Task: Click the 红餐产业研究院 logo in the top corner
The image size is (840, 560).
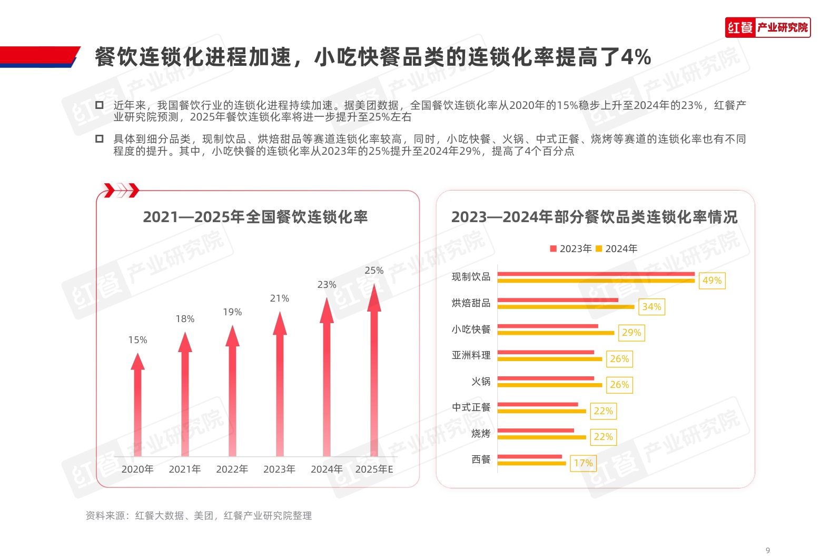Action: (x=767, y=27)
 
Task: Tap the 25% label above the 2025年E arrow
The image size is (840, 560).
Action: (x=374, y=271)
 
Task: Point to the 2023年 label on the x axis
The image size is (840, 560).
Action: (x=279, y=469)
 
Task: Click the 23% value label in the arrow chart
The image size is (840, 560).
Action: (x=327, y=285)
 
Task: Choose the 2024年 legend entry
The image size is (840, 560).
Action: (x=617, y=248)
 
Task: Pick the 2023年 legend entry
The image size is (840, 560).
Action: (x=571, y=248)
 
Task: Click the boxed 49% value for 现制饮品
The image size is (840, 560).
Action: (x=712, y=281)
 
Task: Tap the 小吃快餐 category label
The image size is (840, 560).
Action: (x=471, y=329)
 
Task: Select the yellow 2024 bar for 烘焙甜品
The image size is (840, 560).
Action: (x=566, y=307)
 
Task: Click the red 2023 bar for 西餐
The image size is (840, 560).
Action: (x=529, y=457)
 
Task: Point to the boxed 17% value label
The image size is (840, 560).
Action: (x=583, y=463)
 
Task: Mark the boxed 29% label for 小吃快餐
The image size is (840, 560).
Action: (x=631, y=333)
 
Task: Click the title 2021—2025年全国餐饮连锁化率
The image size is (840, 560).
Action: (x=255, y=217)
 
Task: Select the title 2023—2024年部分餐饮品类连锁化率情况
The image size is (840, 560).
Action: (x=594, y=217)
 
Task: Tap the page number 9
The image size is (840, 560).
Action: (x=767, y=551)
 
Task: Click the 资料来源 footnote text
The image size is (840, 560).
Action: (x=199, y=516)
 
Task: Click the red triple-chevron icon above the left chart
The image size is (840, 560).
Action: (x=122, y=190)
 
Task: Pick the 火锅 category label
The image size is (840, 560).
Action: (x=480, y=382)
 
